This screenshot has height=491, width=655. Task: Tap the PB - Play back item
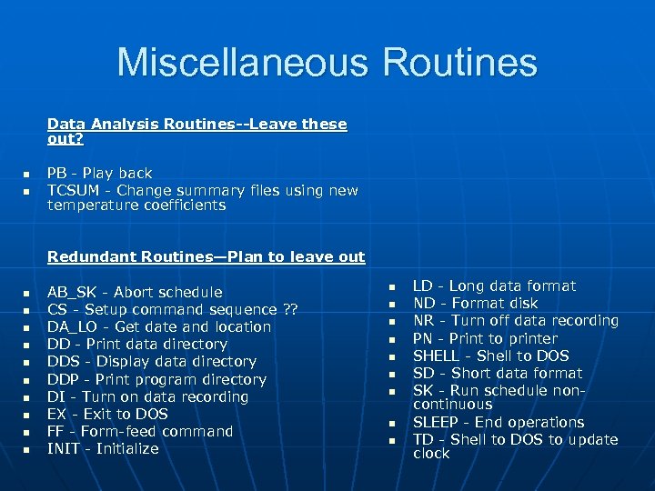pos(100,173)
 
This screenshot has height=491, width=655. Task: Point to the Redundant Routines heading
pos(206,256)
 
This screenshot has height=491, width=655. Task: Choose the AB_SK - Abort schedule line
pos(135,292)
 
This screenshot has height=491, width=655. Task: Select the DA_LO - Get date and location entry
pos(159,326)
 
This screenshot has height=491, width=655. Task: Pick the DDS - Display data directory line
pos(152,361)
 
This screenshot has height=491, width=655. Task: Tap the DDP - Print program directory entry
pos(156,379)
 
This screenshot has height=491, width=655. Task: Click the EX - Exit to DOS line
pos(107,414)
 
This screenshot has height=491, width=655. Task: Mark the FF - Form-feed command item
pos(140,431)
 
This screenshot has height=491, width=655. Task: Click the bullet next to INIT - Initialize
pos(26,450)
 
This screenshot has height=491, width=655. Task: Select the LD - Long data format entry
pos(495,286)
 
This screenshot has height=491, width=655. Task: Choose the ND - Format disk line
pos(476,303)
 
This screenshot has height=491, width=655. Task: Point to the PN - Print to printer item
pos(486,338)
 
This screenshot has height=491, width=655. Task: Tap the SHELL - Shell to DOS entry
pos(491,356)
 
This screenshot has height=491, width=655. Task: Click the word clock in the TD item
pos(431,454)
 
